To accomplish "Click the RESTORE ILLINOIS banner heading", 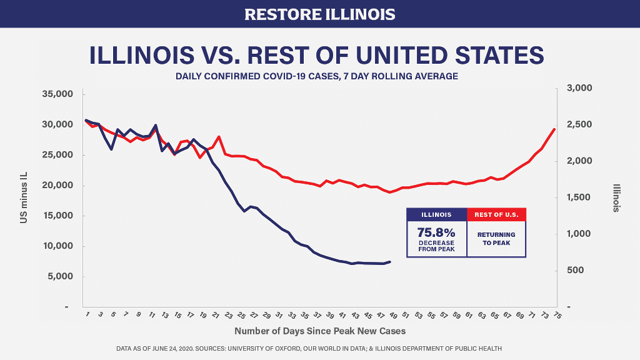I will [319, 14].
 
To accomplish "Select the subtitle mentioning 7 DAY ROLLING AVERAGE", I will [317, 76].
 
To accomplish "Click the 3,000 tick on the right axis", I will [579, 88].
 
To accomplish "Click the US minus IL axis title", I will [22, 201].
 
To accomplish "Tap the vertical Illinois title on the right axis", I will [616, 197].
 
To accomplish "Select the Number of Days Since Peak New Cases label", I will [319, 331].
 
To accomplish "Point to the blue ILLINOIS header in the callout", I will [436, 214].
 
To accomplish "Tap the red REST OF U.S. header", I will [496, 214].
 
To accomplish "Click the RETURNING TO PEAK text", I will [496, 239].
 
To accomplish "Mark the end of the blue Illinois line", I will [390, 262].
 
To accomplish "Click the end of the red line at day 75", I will [554, 129].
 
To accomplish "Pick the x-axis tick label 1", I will [87, 314].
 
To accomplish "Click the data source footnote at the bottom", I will [319, 348].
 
